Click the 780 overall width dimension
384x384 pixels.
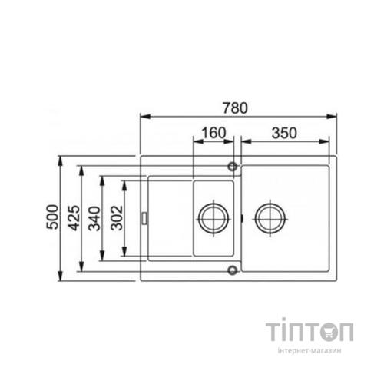point(235,108)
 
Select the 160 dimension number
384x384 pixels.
point(214,133)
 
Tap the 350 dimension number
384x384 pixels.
point(284,133)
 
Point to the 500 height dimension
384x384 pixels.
point(52,217)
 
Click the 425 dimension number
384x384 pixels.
point(74,218)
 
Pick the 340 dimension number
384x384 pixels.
point(94,218)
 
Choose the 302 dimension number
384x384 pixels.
point(118,218)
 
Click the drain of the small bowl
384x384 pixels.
point(214,219)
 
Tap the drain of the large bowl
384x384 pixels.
point(270,219)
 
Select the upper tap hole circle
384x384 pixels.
point(233,167)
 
